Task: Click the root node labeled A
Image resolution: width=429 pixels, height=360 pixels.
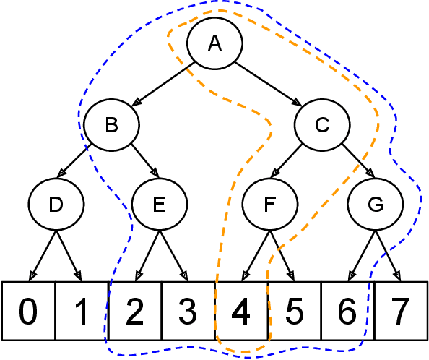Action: tap(214, 43)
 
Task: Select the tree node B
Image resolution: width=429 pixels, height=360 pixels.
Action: tap(111, 125)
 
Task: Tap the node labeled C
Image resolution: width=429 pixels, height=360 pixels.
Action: tap(321, 125)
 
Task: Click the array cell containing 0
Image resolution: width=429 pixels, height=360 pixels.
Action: tap(29, 311)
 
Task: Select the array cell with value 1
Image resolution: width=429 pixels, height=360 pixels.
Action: tap(82, 311)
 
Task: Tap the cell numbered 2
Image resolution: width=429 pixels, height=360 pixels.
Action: tap(135, 311)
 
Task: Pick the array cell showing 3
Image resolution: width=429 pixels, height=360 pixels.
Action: tap(188, 311)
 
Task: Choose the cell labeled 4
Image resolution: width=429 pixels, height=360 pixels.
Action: tap(241, 311)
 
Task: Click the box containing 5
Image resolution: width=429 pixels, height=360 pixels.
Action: tap(294, 311)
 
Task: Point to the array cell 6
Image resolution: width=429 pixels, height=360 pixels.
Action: tap(347, 311)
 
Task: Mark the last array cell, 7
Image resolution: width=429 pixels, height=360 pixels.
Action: tap(401, 311)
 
